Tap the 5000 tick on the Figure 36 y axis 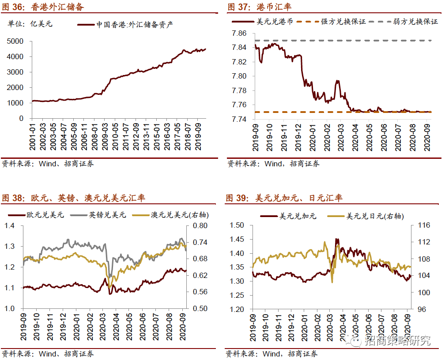15,41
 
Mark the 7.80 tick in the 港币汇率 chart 241,76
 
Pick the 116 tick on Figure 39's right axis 423,225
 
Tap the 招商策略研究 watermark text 397,340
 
